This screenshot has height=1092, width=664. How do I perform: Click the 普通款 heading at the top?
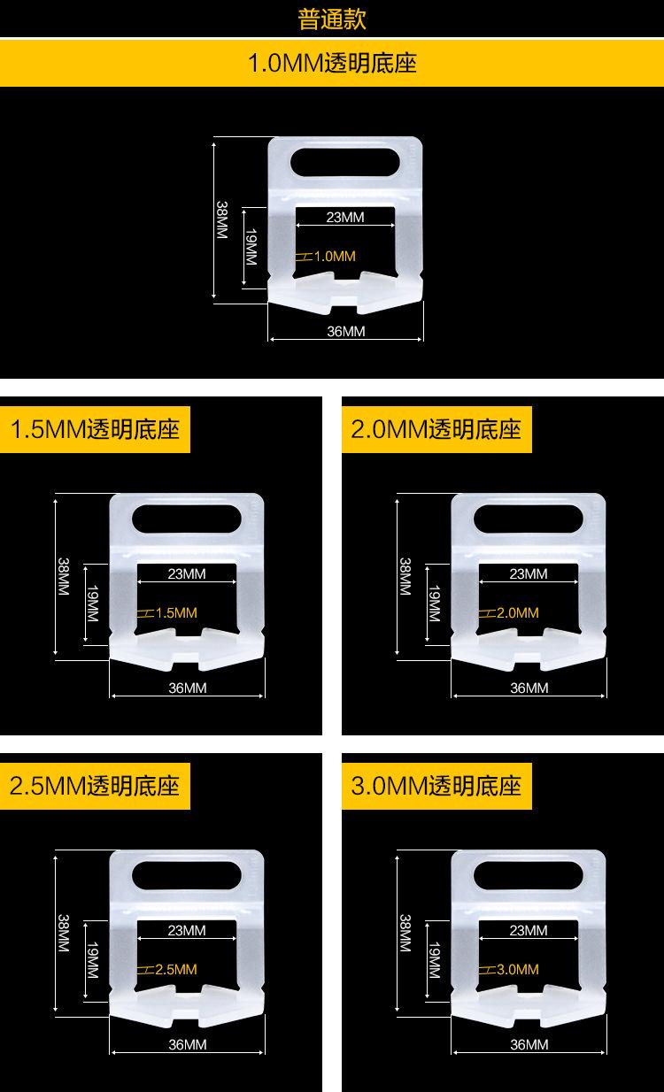(332, 19)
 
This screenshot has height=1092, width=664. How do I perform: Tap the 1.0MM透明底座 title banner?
(332, 64)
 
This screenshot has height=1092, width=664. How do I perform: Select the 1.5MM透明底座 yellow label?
(95, 430)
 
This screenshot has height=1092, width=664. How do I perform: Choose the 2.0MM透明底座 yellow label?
(436, 430)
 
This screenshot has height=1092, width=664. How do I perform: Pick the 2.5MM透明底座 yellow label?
(95, 785)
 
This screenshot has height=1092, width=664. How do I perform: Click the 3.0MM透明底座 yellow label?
(436, 785)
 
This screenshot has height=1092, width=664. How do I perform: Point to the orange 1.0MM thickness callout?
(334, 257)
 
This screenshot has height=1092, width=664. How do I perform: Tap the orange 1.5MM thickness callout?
(175, 612)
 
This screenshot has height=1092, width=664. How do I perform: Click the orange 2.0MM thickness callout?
(517, 612)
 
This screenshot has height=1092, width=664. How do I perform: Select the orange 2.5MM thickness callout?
(175, 969)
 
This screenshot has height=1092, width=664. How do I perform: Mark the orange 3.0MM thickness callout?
(517, 969)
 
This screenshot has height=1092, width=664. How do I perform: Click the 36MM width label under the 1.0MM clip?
(346, 332)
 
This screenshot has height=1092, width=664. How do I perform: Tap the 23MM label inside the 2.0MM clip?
(529, 573)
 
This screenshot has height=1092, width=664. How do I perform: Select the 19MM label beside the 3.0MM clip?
(434, 960)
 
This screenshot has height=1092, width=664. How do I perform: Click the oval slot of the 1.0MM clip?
(346, 164)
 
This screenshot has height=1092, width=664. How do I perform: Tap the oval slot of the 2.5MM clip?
(187, 875)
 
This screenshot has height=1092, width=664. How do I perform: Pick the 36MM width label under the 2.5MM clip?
(187, 1044)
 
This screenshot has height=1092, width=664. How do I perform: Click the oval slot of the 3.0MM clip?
(529, 875)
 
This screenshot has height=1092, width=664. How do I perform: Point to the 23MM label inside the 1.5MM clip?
(187, 573)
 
